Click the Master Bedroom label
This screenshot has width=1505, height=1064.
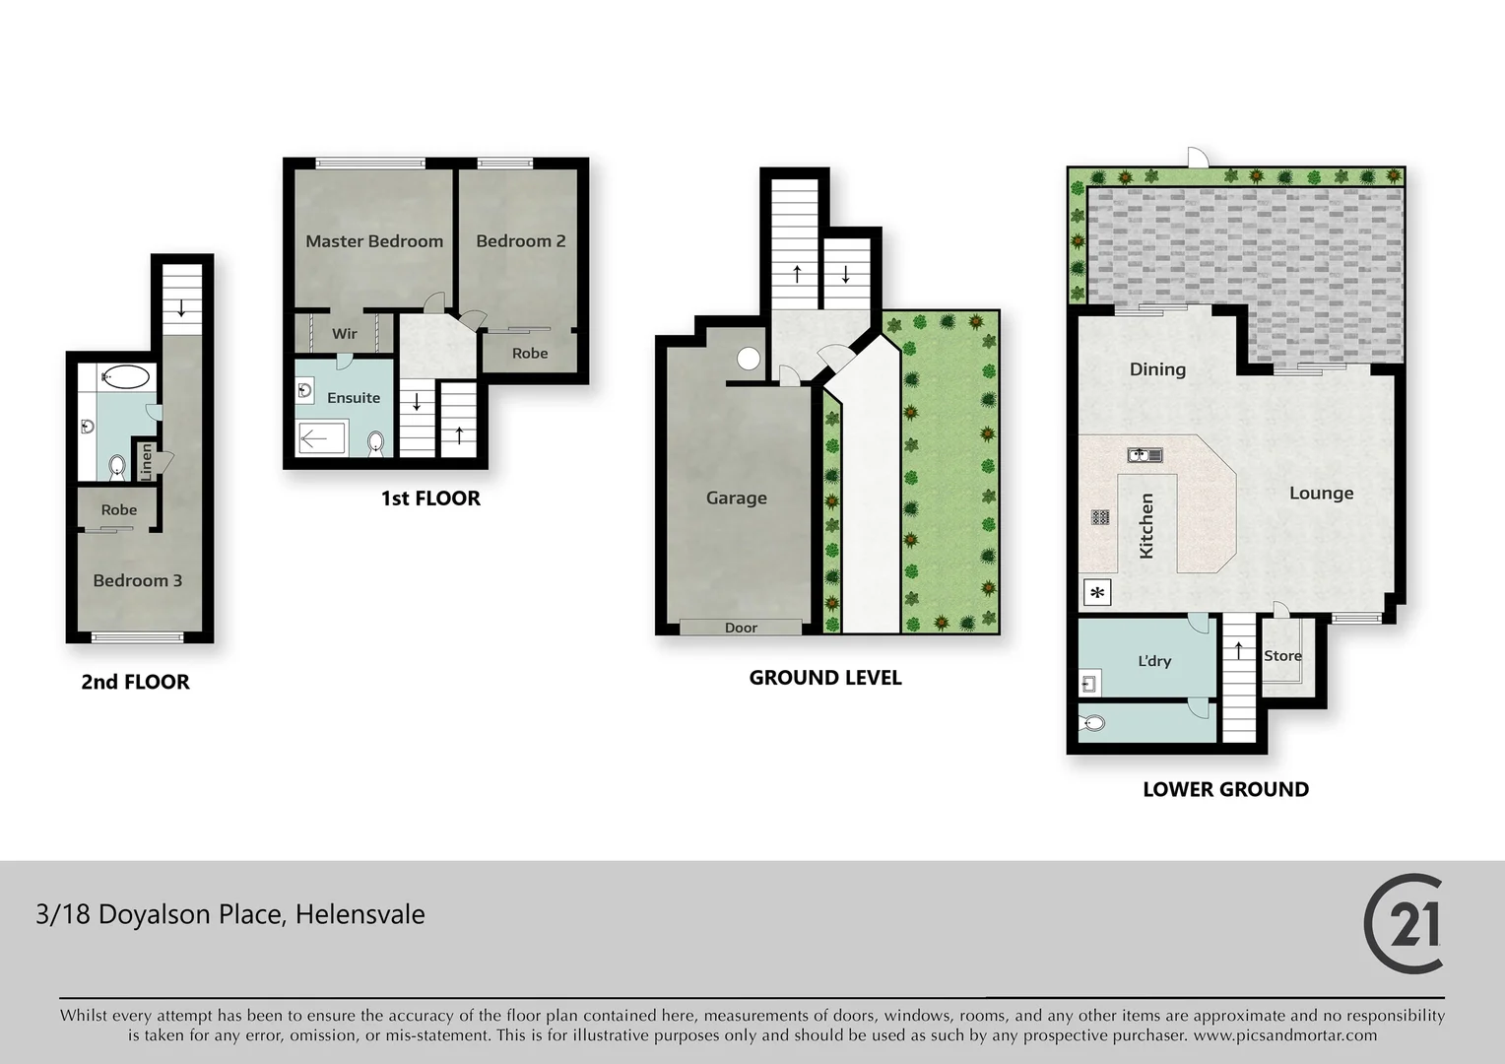[373, 241]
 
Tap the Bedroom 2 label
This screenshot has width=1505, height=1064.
[520, 241]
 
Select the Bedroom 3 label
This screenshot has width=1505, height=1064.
[137, 580]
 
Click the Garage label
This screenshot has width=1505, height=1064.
[736, 499]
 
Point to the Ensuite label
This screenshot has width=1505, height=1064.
[353, 398]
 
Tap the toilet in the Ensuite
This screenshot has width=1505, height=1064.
[375, 442]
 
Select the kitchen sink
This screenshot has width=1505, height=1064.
[1145, 454]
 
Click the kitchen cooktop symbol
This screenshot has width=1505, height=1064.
[1100, 516]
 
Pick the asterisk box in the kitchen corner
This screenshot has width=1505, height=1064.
[1096, 593]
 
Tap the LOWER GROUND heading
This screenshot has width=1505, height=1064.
[1225, 789]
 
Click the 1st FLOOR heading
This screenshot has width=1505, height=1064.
[430, 499]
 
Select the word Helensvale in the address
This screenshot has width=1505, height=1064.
[360, 914]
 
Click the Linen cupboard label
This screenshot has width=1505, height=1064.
[147, 461]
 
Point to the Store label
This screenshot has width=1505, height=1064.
[1282, 655]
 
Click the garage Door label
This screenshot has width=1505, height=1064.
[741, 628]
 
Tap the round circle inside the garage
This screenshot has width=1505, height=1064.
[749, 359]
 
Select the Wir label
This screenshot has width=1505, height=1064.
[344, 334]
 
